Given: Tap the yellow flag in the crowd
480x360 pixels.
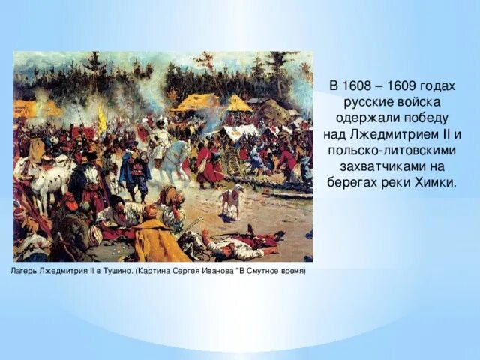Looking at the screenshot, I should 102,119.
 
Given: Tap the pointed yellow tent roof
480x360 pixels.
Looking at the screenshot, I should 239,103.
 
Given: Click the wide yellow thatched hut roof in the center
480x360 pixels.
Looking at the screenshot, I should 196,102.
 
